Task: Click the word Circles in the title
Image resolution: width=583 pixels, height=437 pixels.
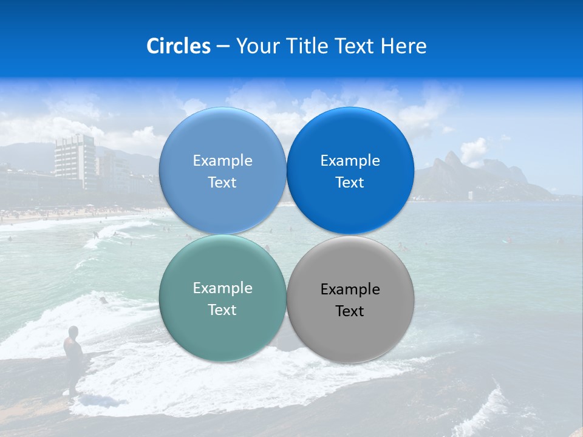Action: tap(178, 46)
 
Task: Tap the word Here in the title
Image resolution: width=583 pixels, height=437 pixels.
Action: tap(403, 46)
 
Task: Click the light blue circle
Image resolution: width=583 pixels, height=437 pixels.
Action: tap(222, 140)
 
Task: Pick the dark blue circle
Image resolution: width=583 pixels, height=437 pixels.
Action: tap(350, 140)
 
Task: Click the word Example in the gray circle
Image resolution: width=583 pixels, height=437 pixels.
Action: tap(350, 290)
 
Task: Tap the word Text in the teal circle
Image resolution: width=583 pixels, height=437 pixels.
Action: tap(222, 310)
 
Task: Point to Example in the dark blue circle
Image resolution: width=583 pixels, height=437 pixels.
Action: tap(350, 161)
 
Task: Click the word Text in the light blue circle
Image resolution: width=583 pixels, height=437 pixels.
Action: tap(222, 183)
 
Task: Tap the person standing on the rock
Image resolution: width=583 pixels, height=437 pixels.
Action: tap(73, 352)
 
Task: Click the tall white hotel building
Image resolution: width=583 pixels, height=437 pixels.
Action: tap(75, 159)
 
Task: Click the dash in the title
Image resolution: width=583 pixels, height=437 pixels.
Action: tap(223, 47)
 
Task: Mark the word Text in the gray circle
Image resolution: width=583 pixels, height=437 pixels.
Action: tap(350, 311)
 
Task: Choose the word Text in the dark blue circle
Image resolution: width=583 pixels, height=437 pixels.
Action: tap(350, 183)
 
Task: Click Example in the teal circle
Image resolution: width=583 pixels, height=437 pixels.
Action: tap(222, 288)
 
